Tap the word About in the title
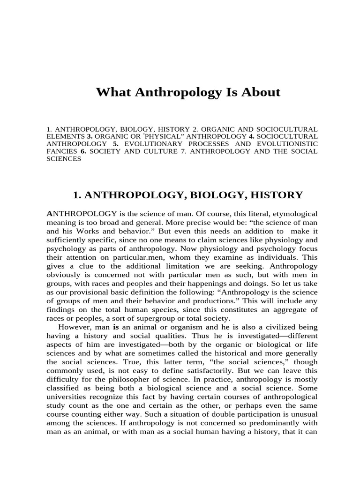[260, 92]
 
